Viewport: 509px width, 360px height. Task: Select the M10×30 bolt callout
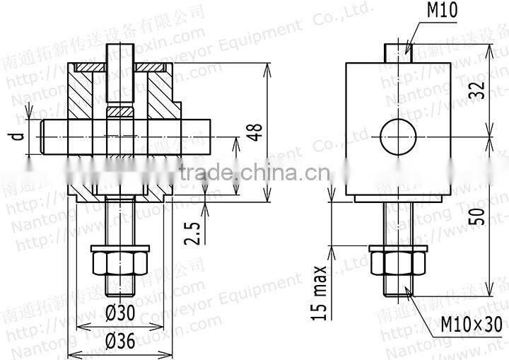click(x=472, y=325)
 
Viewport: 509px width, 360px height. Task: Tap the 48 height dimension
click(x=255, y=132)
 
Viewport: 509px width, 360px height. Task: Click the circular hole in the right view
click(x=399, y=136)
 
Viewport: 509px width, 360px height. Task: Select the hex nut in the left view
click(x=120, y=263)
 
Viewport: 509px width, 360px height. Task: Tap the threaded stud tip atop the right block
click(x=399, y=54)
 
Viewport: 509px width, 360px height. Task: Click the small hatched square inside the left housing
click(x=120, y=111)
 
